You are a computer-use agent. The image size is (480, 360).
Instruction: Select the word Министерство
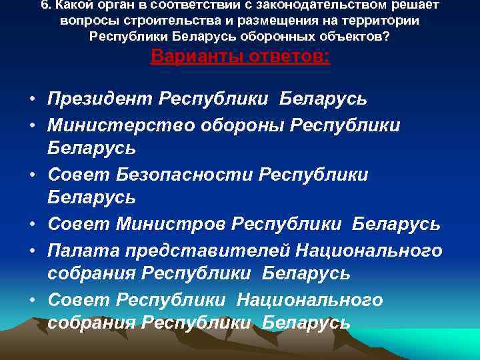(x=117, y=125)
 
